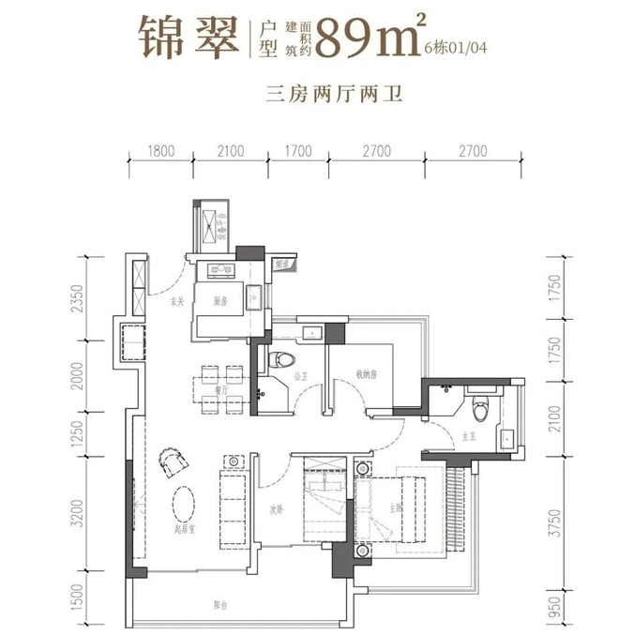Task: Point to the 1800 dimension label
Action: coord(161,148)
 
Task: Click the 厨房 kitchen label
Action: coord(220,302)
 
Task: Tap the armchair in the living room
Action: coord(173,460)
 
